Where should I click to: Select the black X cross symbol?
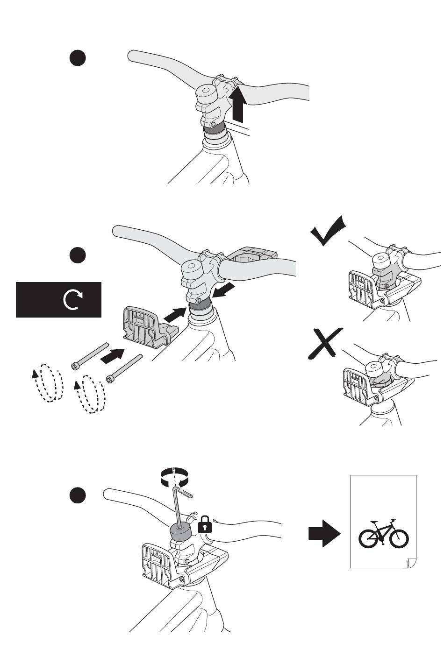[325, 344]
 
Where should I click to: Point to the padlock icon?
[205, 525]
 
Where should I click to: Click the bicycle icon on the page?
[383, 533]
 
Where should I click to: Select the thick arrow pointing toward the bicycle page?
[324, 534]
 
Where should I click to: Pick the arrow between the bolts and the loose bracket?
[113, 355]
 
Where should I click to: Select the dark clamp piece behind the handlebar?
[252, 254]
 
